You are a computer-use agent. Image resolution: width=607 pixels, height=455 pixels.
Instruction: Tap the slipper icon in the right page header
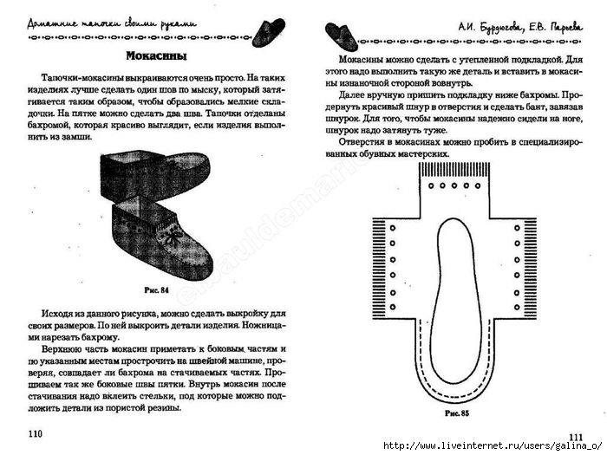341,35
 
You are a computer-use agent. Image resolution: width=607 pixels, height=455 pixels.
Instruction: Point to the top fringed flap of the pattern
453,182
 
